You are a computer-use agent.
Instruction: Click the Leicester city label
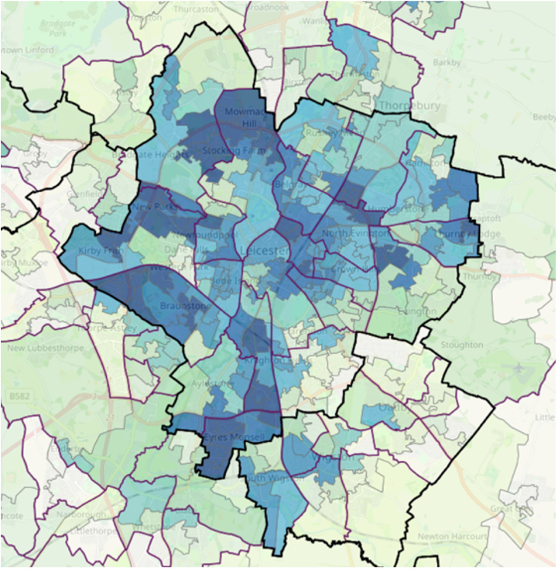(265, 252)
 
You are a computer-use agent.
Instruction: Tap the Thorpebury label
(409, 105)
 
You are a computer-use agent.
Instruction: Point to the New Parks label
(152, 208)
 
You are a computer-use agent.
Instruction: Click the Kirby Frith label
(101, 252)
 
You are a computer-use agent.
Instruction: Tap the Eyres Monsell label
(234, 438)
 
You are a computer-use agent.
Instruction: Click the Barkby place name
(447, 62)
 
